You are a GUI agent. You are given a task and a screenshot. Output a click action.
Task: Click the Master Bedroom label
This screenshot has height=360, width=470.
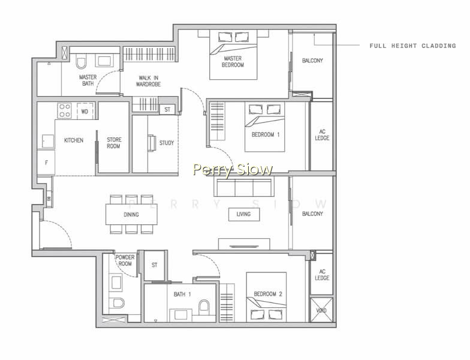pyautogui.click(x=233, y=61)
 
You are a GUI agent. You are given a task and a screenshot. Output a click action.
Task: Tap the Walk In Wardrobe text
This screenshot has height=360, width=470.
pyautogui.click(x=149, y=81)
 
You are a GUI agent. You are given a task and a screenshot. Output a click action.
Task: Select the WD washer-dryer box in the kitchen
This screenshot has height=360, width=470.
pyautogui.click(x=85, y=111)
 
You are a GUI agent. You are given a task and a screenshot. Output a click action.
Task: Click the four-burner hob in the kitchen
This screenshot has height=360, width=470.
pyautogui.click(x=65, y=110)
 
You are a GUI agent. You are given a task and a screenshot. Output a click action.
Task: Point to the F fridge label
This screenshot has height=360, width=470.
pyautogui.click(x=47, y=163)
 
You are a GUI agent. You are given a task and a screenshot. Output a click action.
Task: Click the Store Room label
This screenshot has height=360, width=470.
pyautogui.click(x=114, y=143)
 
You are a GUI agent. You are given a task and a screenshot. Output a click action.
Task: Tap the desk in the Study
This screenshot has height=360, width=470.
pyautogui.click(x=152, y=143)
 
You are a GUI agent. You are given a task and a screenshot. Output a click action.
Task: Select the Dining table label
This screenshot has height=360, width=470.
pyautogui.click(x=131, y=215)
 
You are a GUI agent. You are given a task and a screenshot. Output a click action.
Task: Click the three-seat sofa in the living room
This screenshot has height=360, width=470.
pyautogui.click(x=243, y=186)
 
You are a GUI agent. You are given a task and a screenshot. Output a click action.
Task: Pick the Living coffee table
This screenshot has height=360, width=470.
pyautogui.click(x=244, y=214)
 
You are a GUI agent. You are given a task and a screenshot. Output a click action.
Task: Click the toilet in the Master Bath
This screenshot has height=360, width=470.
pyautogui.click(x=81, y=61)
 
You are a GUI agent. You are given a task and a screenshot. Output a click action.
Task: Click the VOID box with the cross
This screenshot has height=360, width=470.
pyautogui.click(x=321, y=310)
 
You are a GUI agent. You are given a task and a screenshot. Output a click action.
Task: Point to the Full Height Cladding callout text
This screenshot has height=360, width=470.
pyautogui.click(x=412, y=46)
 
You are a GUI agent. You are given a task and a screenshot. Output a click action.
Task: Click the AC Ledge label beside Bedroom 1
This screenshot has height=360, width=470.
pyautogui.click(x=322, y=134)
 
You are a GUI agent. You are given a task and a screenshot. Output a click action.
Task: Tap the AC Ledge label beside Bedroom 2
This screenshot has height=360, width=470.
pyautogui.click(x=322, y=275)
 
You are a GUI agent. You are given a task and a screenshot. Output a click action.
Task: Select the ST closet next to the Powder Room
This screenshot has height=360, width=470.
pyautogui.click(x=155, y=265)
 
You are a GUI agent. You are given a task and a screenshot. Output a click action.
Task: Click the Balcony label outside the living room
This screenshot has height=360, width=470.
pyautogui.click(x=312, y=214)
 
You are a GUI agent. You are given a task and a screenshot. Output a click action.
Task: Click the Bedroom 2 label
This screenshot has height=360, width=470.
pyautogui.click(x=267, y=294)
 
